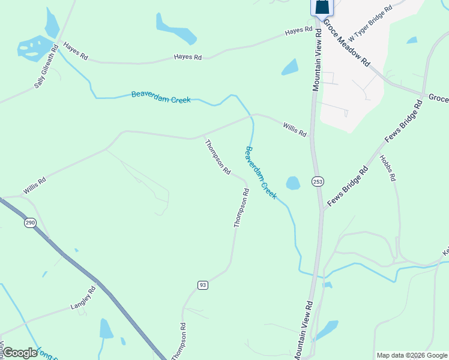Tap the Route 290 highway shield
click(29, 223)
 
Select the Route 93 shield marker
click(203, 284)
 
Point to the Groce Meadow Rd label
click(346, 42)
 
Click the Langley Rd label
click(83, 298)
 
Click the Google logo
click(20, 352)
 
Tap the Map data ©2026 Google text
click(411, 355)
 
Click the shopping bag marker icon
click(322, 7)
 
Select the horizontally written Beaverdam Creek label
click(161, 97)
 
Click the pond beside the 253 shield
click(293, 182)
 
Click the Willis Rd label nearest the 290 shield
click(35, 185)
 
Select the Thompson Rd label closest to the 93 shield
click(179, 342)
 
